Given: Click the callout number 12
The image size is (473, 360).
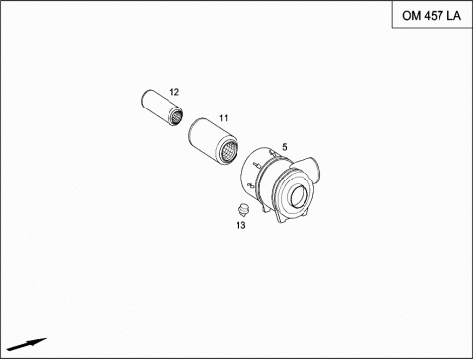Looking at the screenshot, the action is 174,92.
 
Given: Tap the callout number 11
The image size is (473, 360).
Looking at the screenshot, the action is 224,118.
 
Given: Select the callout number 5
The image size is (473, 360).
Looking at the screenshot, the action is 285,147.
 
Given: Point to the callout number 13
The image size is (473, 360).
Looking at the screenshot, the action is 240,225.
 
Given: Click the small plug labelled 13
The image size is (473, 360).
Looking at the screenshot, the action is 243,209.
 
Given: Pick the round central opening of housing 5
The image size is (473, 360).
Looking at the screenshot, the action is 299,196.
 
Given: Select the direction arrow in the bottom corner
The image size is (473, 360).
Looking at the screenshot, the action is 27,344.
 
